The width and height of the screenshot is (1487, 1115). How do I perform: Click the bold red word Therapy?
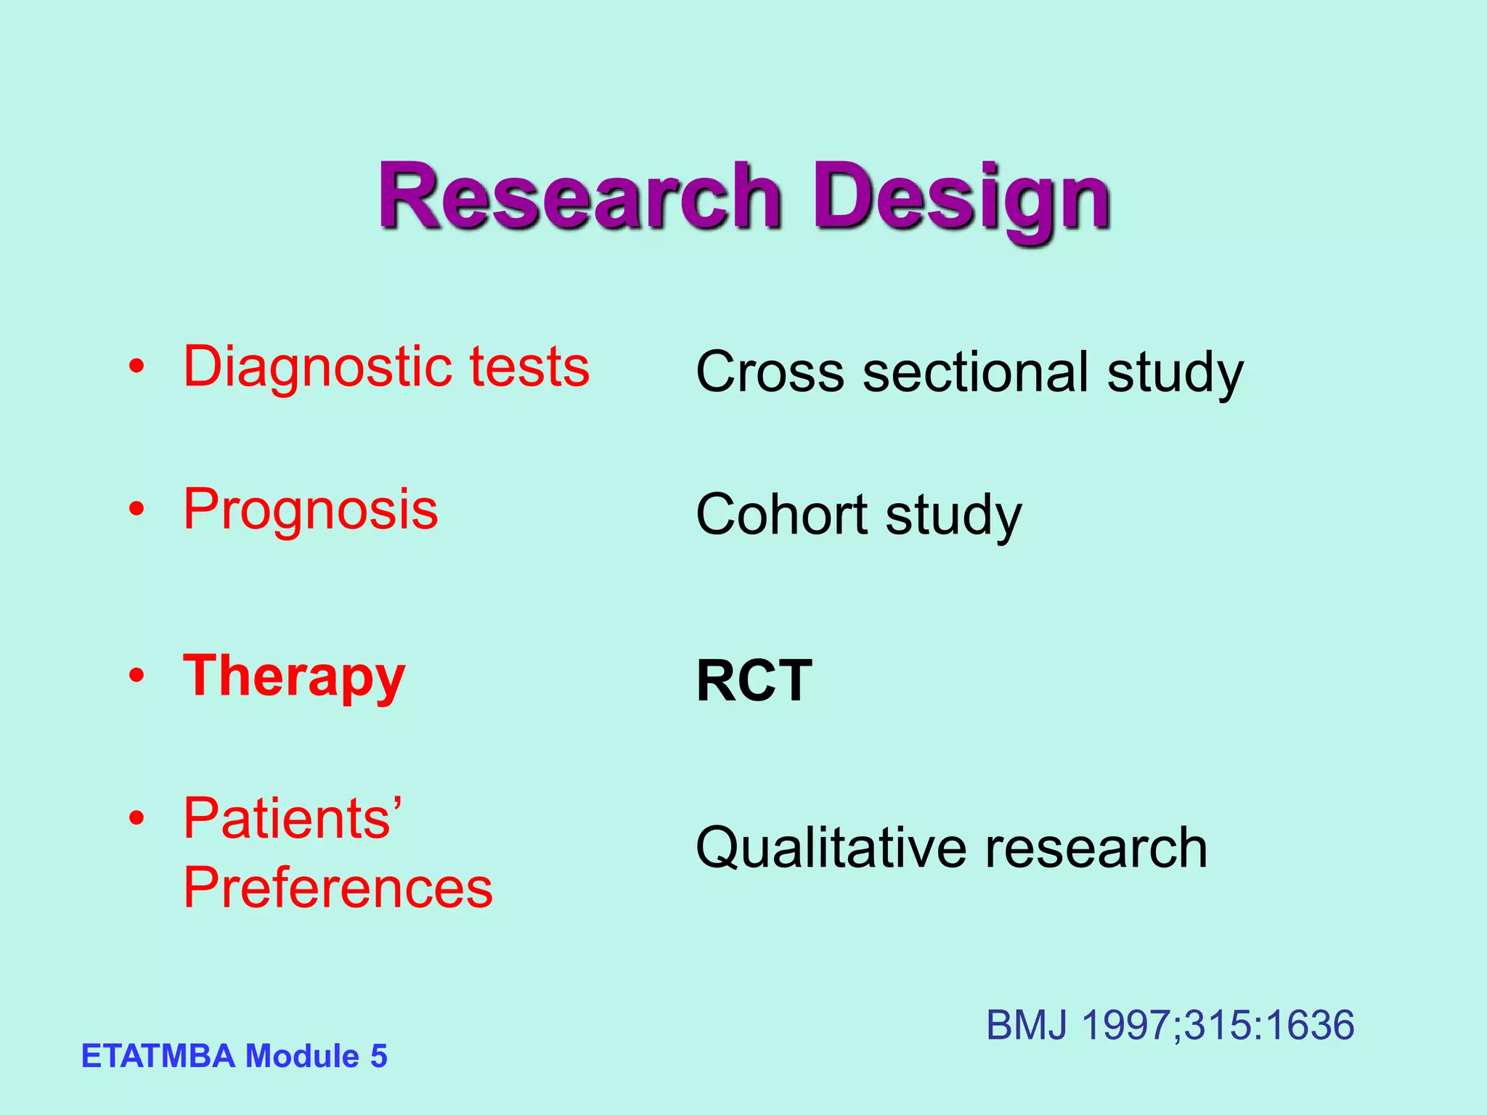pos(294,677)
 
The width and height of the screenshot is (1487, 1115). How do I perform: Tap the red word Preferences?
pos(338,888)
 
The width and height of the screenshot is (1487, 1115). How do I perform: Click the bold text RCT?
pos(754,681)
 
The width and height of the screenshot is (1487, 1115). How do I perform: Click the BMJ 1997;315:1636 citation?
pos(1170,1026)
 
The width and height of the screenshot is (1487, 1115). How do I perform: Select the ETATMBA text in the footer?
pos(158,1056)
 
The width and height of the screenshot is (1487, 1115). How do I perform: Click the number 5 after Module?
pos(378,1056)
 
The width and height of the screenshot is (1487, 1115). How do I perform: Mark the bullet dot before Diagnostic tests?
pos(137,367)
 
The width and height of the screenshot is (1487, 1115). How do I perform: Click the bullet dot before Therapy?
pos(137,677)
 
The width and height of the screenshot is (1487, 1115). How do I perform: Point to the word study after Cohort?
pos(953,516)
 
